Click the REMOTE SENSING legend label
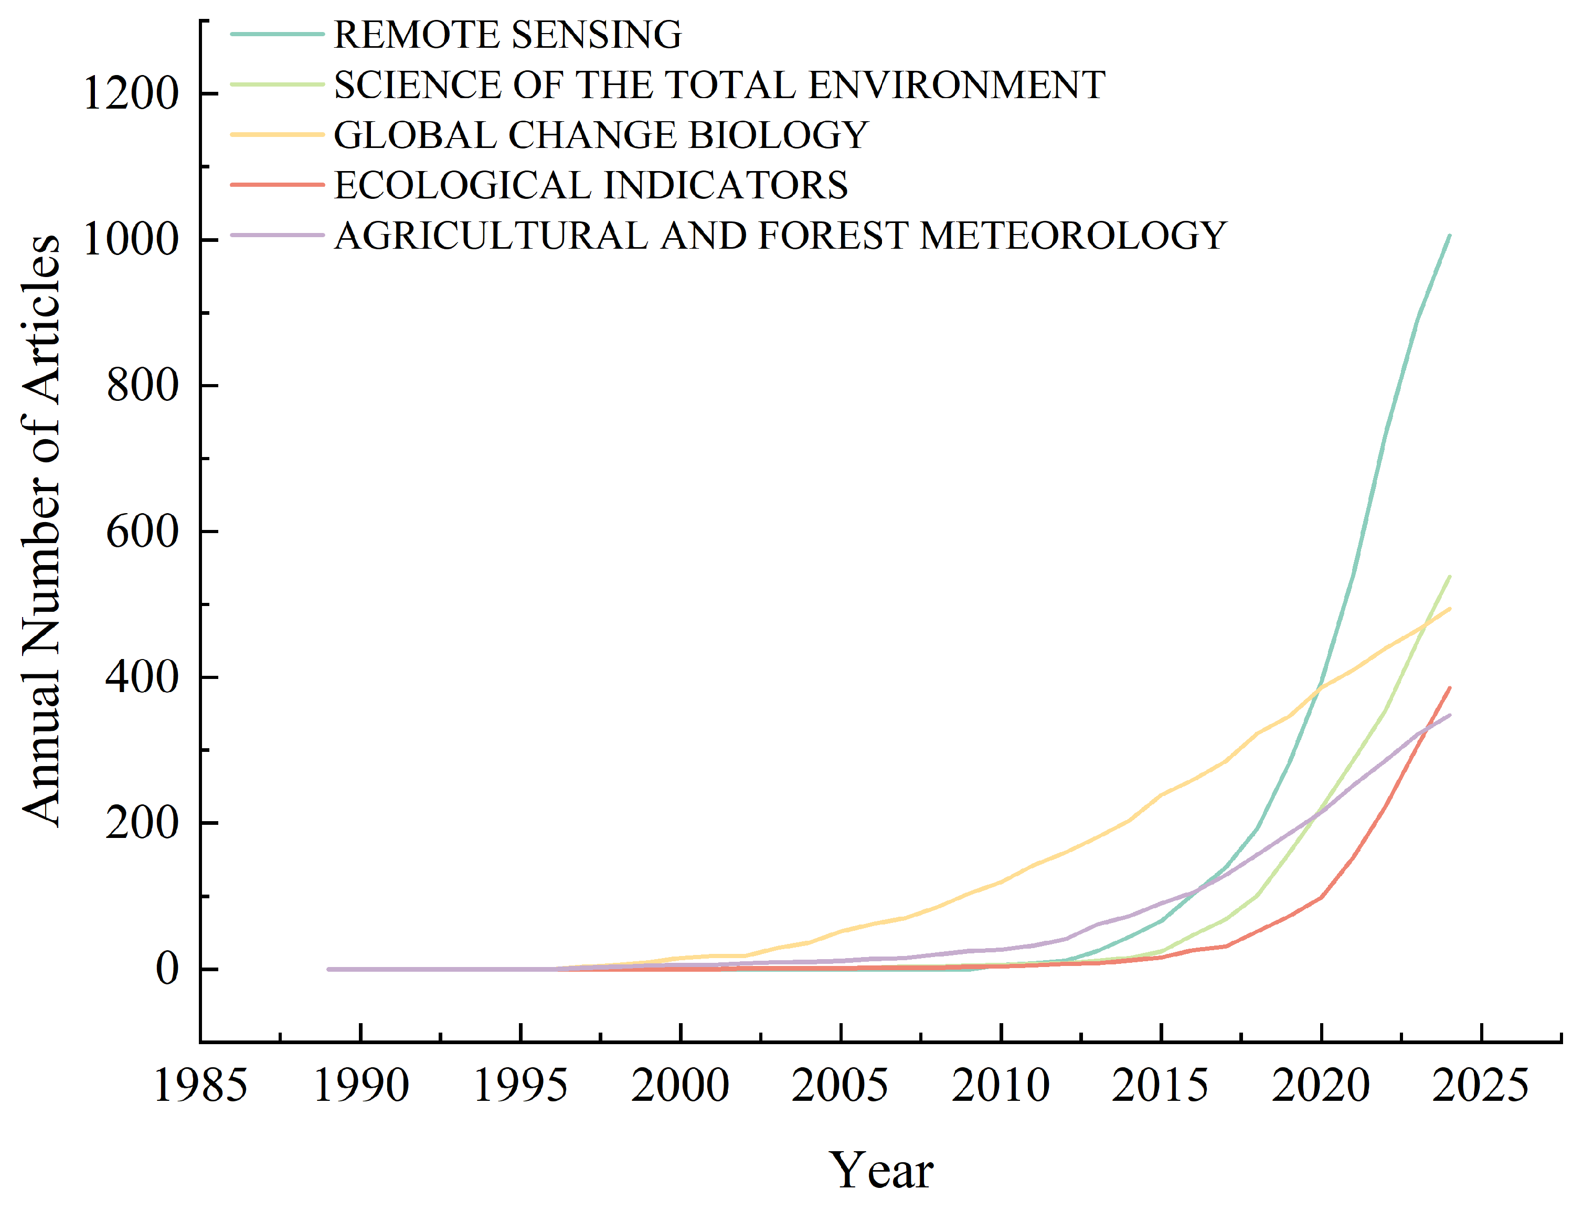[507, 35]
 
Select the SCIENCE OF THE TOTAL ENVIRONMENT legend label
[719, 85]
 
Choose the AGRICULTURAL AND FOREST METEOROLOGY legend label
[780, 236]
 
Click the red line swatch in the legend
[278, 185]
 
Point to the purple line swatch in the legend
[278, 236]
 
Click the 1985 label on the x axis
[200, 1086]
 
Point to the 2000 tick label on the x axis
[680, 1086]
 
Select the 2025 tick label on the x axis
[1480, 1086]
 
